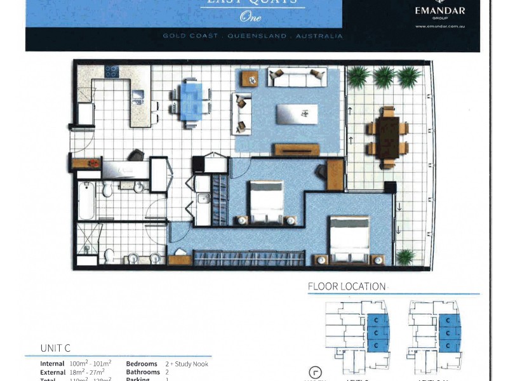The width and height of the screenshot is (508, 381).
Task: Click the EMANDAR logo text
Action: tap(440, 11)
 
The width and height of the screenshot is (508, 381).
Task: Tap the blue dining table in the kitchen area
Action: tap(191, 102)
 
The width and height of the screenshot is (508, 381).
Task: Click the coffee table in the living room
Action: tap(297, 115)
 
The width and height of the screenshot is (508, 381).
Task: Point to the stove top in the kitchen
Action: tap(112, 71)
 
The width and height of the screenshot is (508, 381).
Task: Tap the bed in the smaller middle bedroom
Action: tap(266, 203)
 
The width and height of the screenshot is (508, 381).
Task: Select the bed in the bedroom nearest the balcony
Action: tap(350, 239)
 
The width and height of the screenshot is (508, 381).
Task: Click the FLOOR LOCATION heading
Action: tap(347, 286)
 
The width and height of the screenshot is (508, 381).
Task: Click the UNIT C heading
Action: tap(55, 348)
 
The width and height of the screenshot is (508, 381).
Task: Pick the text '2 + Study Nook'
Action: tap(187, 364)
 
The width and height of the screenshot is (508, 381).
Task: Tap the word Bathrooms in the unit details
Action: tap(143, 372)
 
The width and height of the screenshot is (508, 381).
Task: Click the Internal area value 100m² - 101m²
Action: tap(89, 364)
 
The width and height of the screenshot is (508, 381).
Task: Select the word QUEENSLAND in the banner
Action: tap(252, 36)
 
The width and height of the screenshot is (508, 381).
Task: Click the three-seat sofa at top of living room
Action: tap(297, 78)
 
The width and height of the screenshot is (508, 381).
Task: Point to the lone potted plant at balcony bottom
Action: tap(404, 257)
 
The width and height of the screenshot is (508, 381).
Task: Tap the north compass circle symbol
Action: tap(316, 373)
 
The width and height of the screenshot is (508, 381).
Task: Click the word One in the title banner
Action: tap(251, 17)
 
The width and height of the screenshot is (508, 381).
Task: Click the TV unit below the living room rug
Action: tap(297, 150)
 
